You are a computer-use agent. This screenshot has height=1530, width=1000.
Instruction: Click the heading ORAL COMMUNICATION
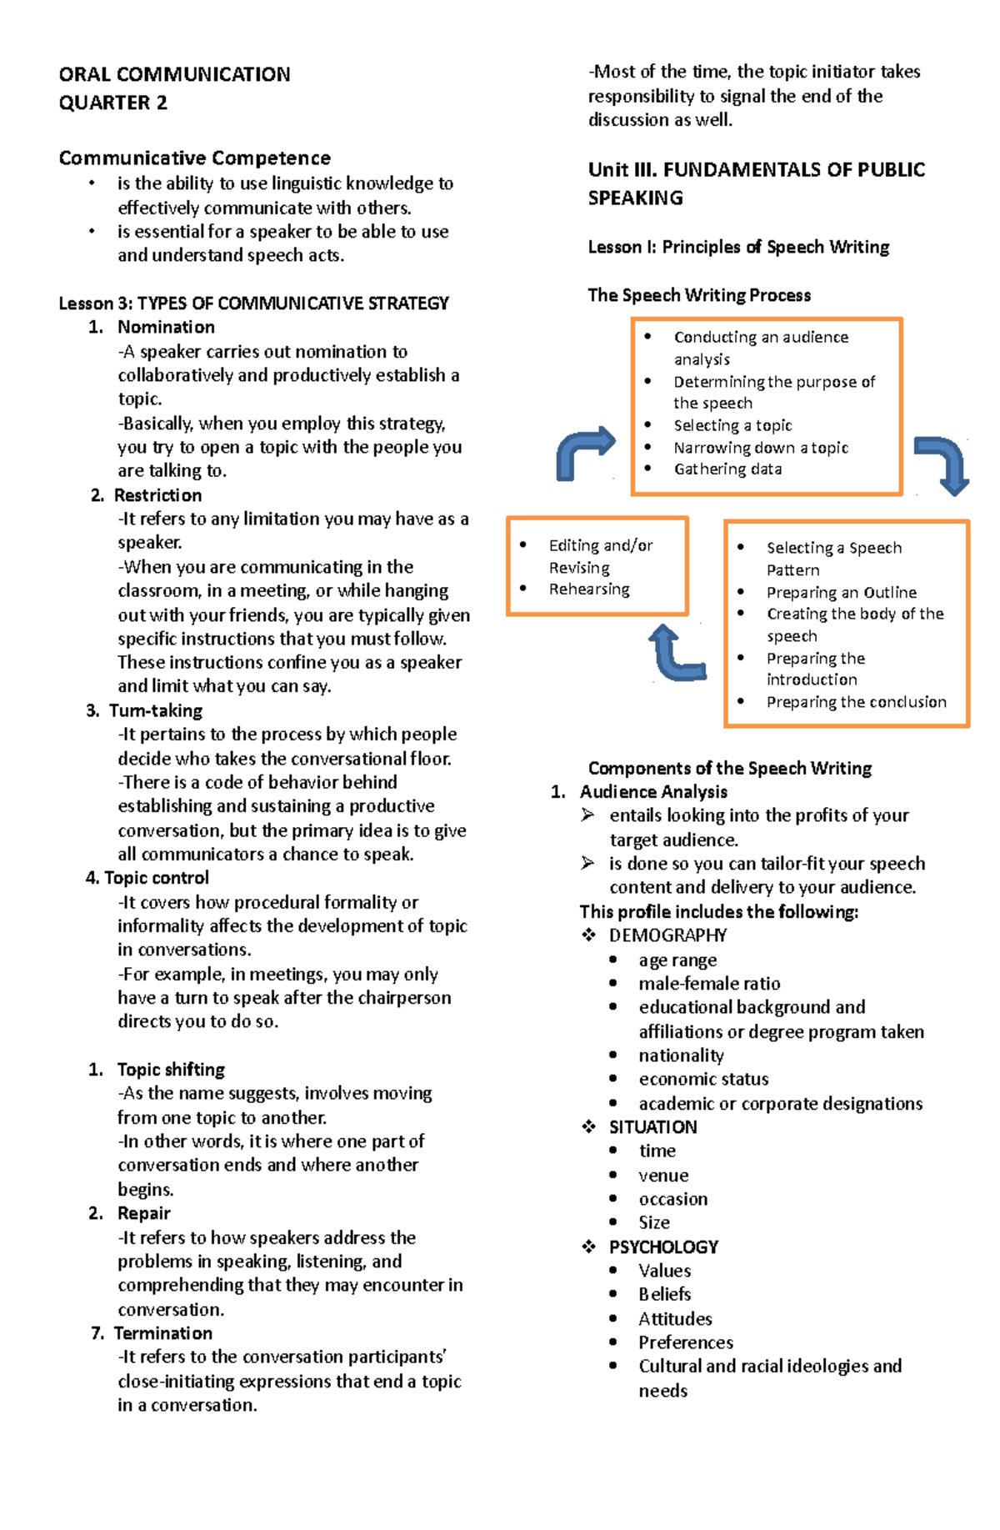174,75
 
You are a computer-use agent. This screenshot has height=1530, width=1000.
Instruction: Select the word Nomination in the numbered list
166,327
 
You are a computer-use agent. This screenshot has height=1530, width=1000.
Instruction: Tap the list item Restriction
157,495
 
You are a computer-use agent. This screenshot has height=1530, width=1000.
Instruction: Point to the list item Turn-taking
156,710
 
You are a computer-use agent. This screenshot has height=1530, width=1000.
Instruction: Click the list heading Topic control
156,878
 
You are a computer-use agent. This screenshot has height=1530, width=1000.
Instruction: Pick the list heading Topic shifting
171,1070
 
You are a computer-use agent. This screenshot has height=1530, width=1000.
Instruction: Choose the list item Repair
143,1213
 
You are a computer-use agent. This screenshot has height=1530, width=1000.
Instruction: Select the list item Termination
162,1333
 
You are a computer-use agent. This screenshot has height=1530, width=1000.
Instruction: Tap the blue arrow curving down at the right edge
942,464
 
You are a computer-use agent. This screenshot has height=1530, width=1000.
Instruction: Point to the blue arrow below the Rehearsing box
677,654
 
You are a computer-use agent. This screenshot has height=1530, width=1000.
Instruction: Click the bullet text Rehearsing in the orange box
589,589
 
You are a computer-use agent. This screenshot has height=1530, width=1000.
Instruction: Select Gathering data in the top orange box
727,469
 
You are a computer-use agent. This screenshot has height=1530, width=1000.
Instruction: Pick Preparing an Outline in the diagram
841,593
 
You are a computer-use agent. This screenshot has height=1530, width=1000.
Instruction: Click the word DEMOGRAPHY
667,936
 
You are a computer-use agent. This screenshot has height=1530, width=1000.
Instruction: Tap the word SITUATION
652,1127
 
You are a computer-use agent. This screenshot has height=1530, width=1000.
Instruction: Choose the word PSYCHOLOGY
663,1247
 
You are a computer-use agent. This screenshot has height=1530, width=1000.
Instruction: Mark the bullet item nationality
681,1056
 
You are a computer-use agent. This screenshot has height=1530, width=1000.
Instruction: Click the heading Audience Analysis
653,792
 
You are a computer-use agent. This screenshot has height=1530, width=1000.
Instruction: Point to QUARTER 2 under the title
112,103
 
